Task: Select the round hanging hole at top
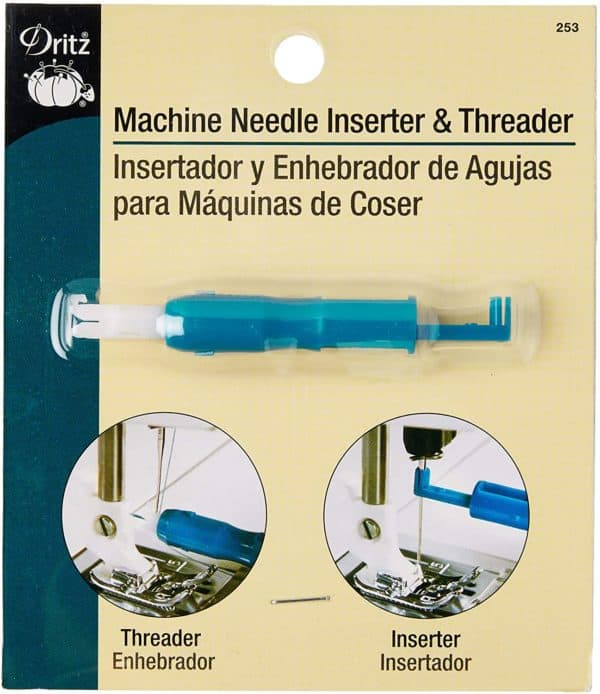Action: (299, 59)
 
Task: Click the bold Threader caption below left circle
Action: (161, 639)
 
